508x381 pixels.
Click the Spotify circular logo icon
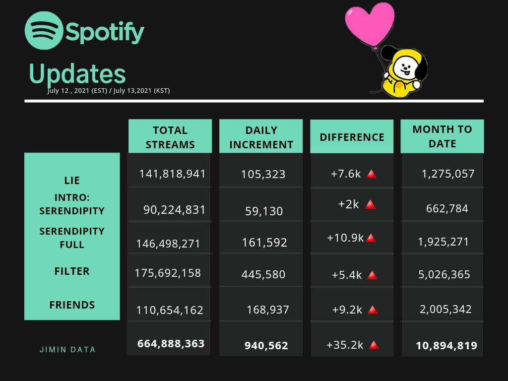coord(44,31)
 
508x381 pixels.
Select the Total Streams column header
coord(170,137)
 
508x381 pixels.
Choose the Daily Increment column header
coord(261,137)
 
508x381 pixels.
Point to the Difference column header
coord(352,137)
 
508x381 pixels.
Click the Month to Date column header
coord(442,136)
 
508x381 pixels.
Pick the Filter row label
coord(72,271)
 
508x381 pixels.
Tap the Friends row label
coord(72,305)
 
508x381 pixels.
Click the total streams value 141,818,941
coord(172,174)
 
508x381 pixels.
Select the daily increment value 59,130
coord(264,211)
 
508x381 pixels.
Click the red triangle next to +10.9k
coord(371,238)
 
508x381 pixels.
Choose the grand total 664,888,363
coord(171,343)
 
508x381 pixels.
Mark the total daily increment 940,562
coord(266,346)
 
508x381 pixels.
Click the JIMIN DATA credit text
coord(67,350)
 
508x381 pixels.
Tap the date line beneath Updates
coord(109,90)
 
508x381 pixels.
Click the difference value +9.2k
coord(347,310)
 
